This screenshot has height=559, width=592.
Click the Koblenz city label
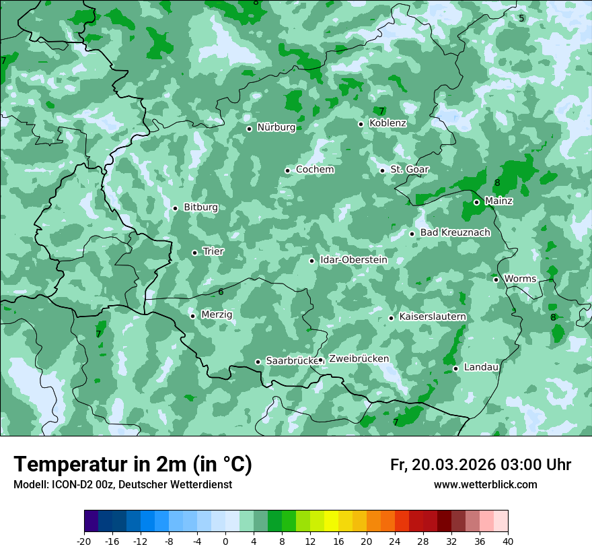387,123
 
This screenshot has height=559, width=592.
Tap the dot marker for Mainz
476,202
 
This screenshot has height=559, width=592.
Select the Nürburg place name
276,127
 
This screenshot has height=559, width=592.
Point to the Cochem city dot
287,170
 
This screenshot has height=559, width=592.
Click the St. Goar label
410,170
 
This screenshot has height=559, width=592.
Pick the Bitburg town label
200,207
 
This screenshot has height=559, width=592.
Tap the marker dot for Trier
195,253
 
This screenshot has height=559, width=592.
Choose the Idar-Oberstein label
354,260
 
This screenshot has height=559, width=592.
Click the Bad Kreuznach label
455,232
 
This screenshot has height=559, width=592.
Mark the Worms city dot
496,279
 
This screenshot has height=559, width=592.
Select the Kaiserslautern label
433,317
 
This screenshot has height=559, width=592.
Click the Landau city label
481,367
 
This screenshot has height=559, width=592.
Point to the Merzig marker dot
192,316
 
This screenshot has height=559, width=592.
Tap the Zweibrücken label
359,359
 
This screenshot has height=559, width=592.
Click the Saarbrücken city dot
258,362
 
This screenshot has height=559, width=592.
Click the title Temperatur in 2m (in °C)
133,465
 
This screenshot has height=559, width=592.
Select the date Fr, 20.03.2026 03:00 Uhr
480,465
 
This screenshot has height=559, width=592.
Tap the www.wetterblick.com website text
485,485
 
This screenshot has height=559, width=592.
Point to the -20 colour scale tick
84,541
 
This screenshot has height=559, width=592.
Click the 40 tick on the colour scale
507,541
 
